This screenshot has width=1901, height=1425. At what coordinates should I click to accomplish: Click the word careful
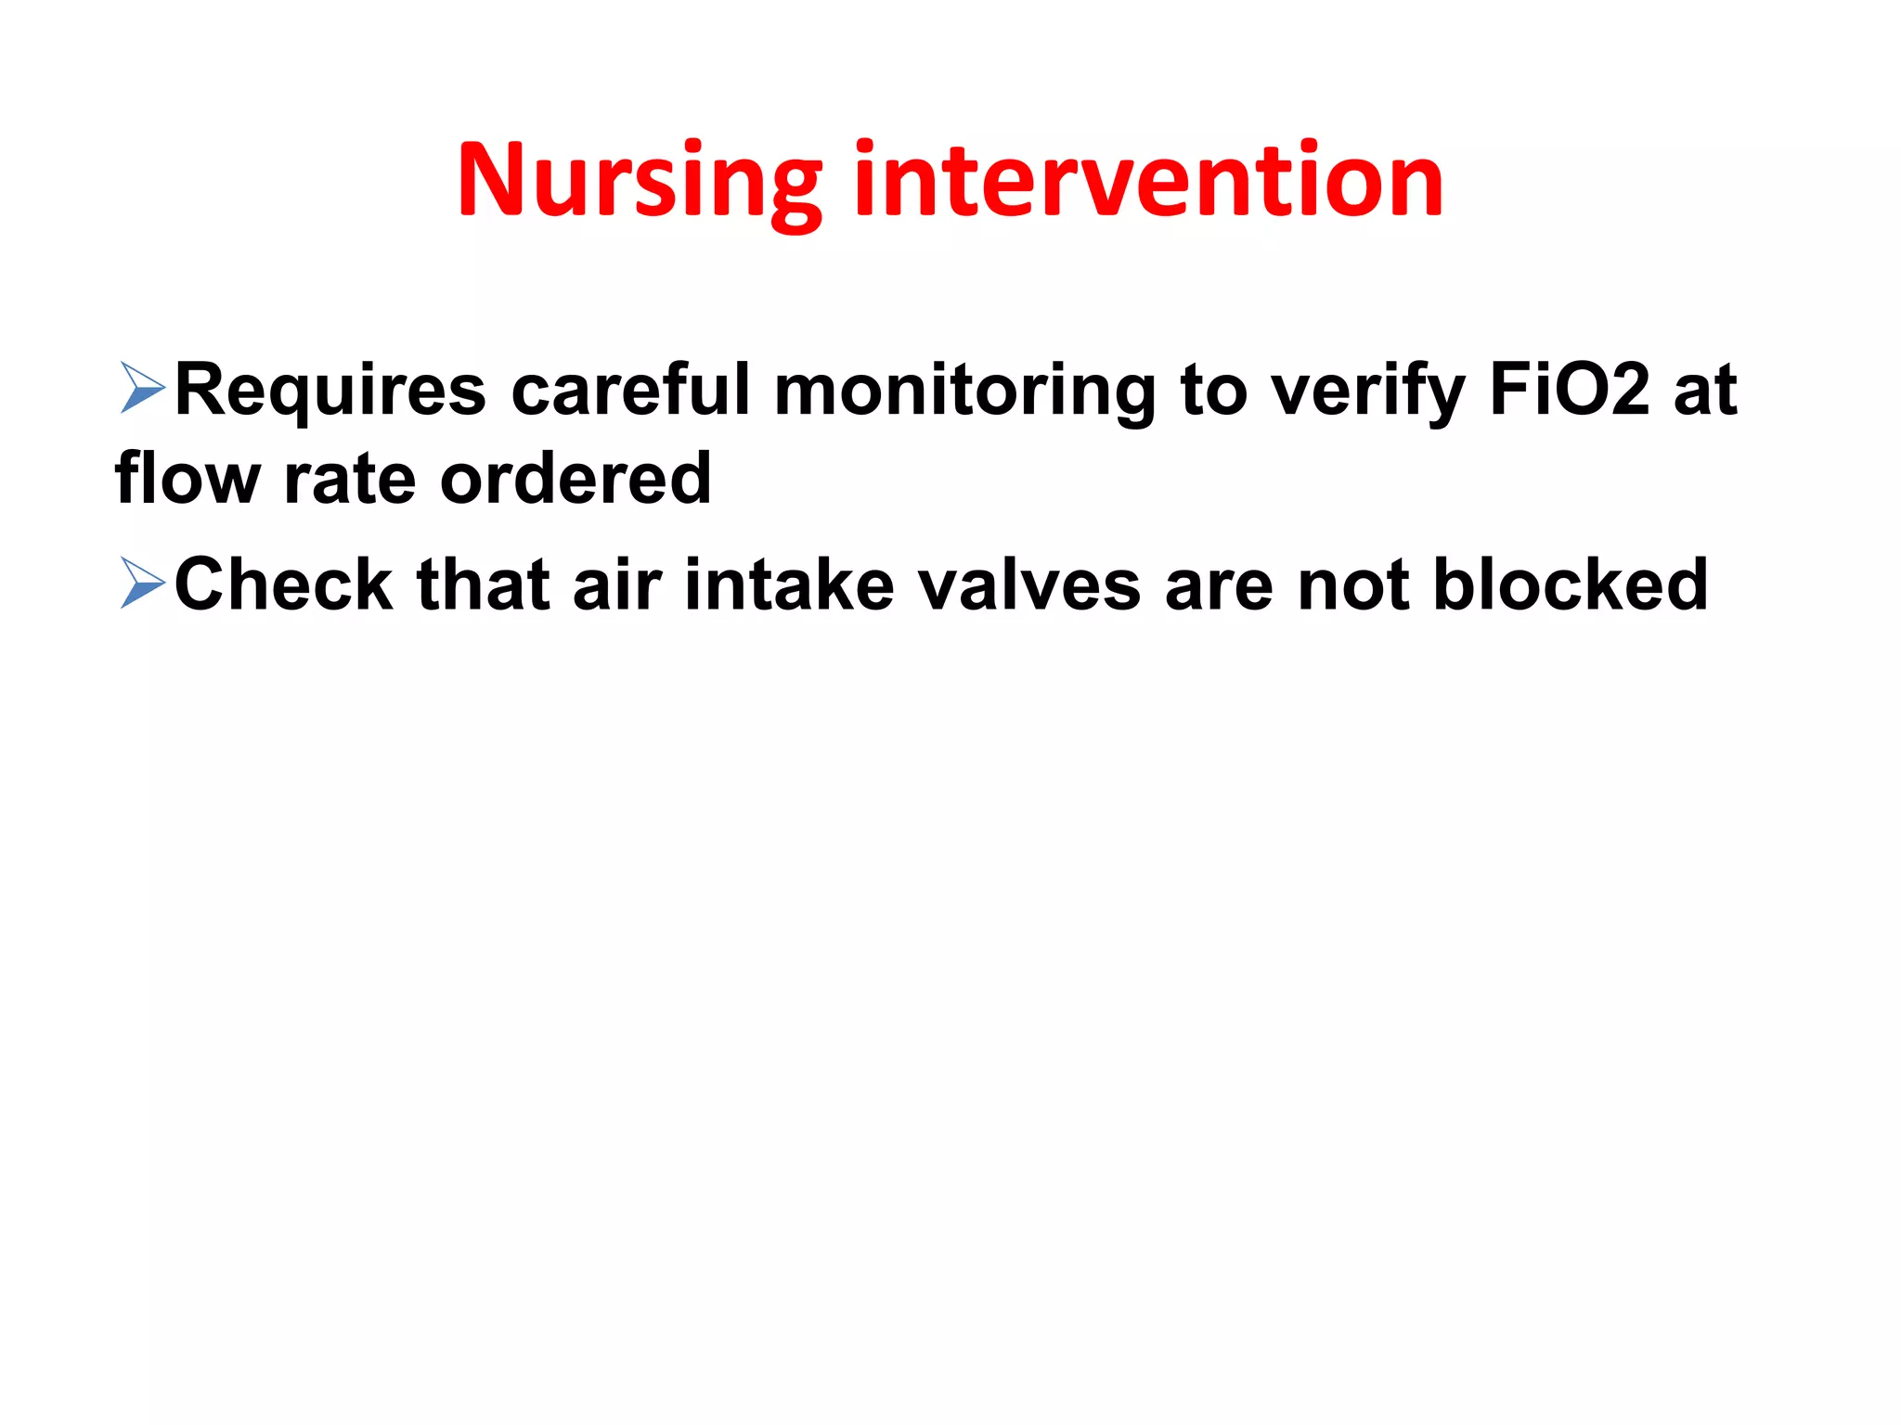pyautogui.click(x=630, y=390)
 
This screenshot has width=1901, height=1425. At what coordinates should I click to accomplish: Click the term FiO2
pyautogui.click(x=1570, y=390)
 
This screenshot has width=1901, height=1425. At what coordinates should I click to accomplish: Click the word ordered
pyautogui.click(x=575, y=478)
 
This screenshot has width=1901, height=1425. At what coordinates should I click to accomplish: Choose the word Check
pyautogui.click(x=283, y=584)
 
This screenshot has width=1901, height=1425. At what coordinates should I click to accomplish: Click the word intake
pyautogui.click(x=789, y=584)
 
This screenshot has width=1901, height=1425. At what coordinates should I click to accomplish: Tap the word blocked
pyautogui.click(x=1570, y=584)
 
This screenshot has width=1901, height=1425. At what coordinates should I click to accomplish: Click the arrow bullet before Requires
pyautogui.click(x=142, y=389)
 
